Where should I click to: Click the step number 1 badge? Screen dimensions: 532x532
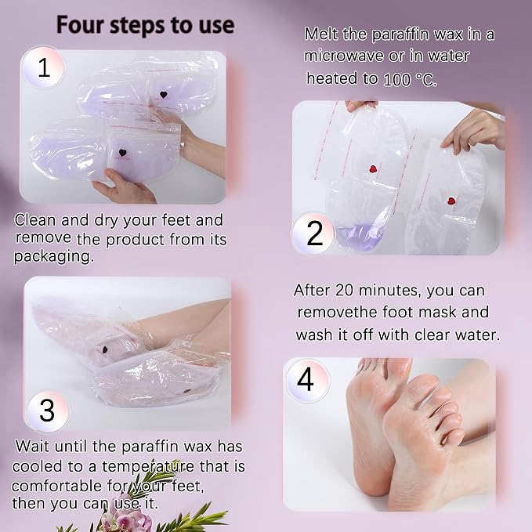pyautogui.click(x=43, y=67)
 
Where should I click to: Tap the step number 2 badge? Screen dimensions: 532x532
pyautogui.click(x=314, y=233)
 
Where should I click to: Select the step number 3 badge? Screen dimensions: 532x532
pyautogui.click(x=47, y=411)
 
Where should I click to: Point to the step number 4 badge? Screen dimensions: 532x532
pyautogui.click(x=306, y=380)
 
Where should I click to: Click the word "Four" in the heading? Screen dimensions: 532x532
pyautogui.click(x=80, y=25)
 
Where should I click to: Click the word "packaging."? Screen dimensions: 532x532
pyautogui.click(x=53, y=257)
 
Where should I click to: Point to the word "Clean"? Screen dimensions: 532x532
pyautogui.click(x=35, y=220)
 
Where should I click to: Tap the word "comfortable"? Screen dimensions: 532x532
pyautogui.click(x=57, y=486)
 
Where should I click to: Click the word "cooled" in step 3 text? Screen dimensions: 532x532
pyautogui.click(x=38, y=466)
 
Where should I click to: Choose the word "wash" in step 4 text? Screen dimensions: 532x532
pyautogui.click(x=314, y=335)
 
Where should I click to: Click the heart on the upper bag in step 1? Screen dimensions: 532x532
pyautogui.click(x=163, y=95)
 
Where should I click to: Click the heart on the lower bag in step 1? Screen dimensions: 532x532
pyautogui.click(x=122, y=153)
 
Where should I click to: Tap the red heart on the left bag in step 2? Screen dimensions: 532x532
pyautogui.click(x=373, y=168)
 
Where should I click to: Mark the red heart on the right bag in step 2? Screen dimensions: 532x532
pyautogui.click(x=451, y=201)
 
